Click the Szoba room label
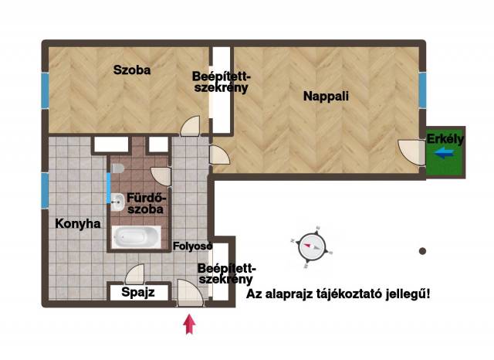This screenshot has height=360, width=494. click(x=132, y=70)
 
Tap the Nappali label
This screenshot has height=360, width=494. click(x=326, y=96)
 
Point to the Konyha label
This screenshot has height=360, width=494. click(x=78, y=224)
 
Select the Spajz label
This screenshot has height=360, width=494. click(x=138, y=292)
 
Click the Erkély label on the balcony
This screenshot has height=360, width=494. click(x=445, y=139)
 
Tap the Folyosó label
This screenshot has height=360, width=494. click(x=192, y=246)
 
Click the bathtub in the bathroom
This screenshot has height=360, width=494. click(x=137, y=237)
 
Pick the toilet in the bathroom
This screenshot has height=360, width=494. click(x=118, y=168)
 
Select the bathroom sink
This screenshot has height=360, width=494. click(x=117, y=202)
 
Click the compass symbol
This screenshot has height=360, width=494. click(x=312, y=247)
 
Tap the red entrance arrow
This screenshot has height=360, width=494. click(x=189, y=324)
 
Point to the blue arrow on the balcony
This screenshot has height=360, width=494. click(x=444, y=153)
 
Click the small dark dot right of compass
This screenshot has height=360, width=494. click(x=422, y=251)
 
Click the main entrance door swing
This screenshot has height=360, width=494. click(x=190, y=293)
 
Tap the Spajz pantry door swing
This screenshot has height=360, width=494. click(x=135, y=274)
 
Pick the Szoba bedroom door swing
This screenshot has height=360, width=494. click(x=191, y=126)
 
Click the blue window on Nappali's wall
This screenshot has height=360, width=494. click(x=422, y=90)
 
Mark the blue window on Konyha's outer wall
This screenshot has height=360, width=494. click(x=45, y=191)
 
